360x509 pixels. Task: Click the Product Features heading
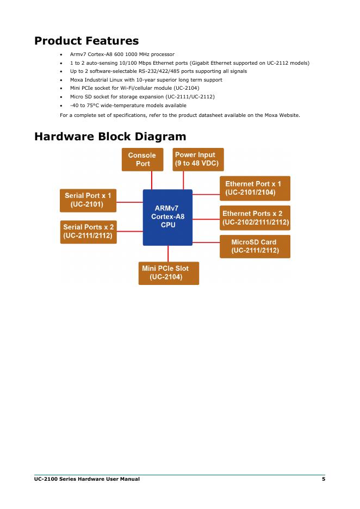pyautogui.click(x=86, y=41)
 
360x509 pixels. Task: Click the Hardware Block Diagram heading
pyautogui.click(x=110, y=136)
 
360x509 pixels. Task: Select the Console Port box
pyautogui.click(x=142, y=159)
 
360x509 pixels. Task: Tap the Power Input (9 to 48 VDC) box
pyautogui.click(x=198, y=159)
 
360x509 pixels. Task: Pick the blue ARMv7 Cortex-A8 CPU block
pyautogui.click(x=167, y=216)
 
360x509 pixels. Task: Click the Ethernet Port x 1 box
pyautogui.click(x=255, y=188)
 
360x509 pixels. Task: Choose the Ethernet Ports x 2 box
pyautogui.click(x=255, y=218)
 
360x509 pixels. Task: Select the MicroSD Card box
pyautogui.click(x=255, y=246)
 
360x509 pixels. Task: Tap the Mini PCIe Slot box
pyautogui.click(x=169, y=273)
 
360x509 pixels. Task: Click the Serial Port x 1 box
pyautogui.click(x=88, y=200)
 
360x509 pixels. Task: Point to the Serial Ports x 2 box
pyautogui.click(x=88, y=231)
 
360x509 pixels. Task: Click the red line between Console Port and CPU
pyautogui.click(x=152, y=180)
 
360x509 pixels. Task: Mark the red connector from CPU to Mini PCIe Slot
pyautogui.click(x=168, y=253)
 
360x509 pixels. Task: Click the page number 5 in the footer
pyautogui.click(x=323, y=479)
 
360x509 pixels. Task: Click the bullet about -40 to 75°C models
pyautogui.click(x=128, y=105)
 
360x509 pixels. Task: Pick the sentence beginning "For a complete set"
pyautogui.click(x=179, y=115)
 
